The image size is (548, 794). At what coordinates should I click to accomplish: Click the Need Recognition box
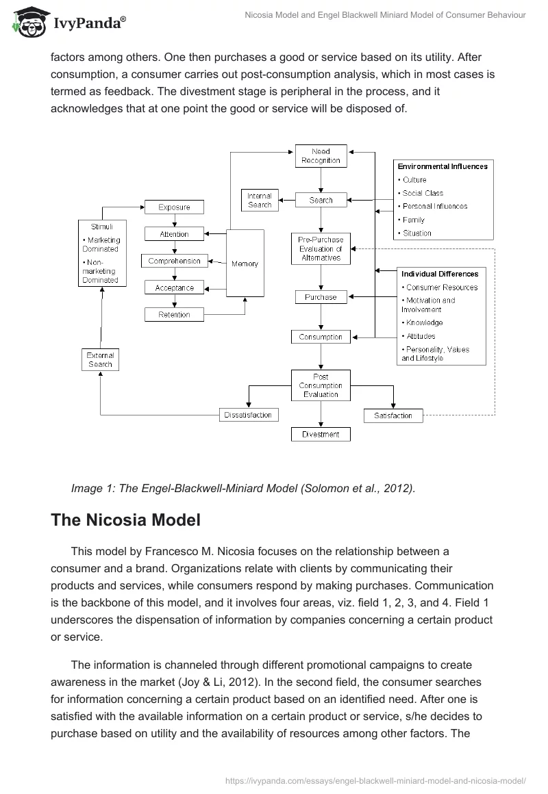coord(321,155)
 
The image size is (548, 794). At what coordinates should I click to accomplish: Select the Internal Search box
coord(260,200)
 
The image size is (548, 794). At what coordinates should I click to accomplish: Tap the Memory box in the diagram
coord(245,264)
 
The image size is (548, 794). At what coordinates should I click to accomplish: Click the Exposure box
coord(174,207)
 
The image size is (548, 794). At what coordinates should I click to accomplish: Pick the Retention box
coord(174,315)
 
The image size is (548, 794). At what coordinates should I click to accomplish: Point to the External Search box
coord(100,359)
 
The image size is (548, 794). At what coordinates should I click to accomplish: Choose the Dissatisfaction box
coord(248,415)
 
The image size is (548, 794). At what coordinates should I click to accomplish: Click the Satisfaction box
coord(393,415)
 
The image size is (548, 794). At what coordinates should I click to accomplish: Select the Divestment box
coord(321,434)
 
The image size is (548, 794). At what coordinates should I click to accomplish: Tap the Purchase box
coord(321,297)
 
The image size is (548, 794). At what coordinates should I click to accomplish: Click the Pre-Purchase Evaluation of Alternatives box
coord(321,248)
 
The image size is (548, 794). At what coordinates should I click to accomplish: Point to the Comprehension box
coord(174,261)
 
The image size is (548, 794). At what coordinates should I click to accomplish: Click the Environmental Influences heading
coord(443,166)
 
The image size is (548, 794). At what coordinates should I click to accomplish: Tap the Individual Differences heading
coord(440,274)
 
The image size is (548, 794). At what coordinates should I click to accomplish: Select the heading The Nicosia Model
coord(125,520)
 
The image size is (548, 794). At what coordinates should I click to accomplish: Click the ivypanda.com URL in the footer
coord(375,780)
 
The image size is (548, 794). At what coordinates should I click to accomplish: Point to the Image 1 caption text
coord(243,488)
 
